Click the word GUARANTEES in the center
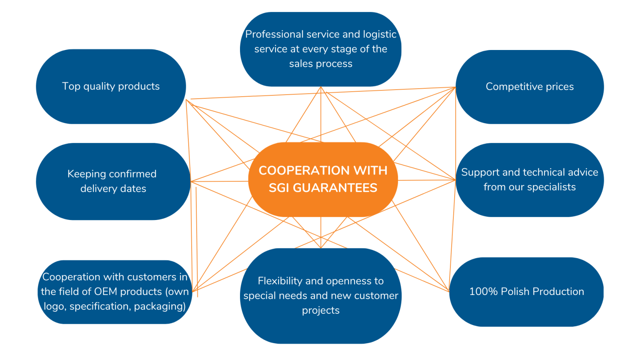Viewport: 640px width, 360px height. point(335,188)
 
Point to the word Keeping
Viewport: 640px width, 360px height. point(87,174)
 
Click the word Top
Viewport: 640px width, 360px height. point(71,86)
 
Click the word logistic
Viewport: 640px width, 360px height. point(380,34)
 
